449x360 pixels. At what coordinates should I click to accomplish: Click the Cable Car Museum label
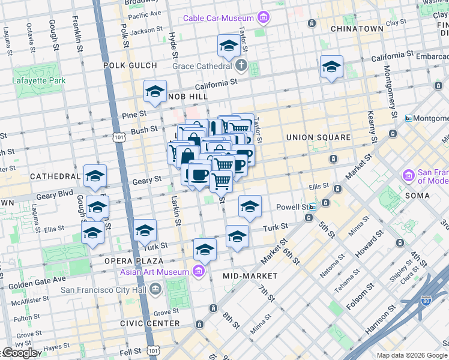pyautogui.click(x=218, y=19)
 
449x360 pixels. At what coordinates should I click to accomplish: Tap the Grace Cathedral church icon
pyautogui.click(x=241, y=65)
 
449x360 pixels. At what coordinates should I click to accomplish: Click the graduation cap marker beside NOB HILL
pyautogui.click(x=155, y=92)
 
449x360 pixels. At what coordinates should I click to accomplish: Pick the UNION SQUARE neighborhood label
pyautogui.click(x=318, y=137)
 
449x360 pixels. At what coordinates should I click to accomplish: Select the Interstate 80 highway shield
pyautogui.click(x=427, y=299)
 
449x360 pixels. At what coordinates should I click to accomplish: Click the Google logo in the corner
pyautogui.click(x=20, y=353)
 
